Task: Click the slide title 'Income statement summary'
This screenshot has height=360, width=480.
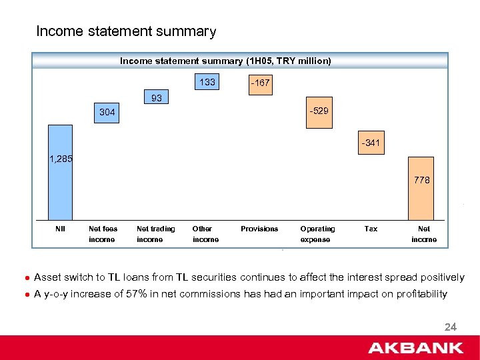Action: pyautogui.click(x=126, y=31)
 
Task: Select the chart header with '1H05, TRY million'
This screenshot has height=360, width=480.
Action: pyautogui.click(x=225, y=61)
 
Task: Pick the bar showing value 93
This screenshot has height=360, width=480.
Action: pyautogui.click(x=157, y=97)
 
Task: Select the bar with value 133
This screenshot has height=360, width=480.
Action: pyautogui.click(x=207, y=83)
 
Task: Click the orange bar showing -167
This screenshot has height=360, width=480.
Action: pyautogui.click(x=259, y=84)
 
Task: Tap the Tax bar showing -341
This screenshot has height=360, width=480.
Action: pyautogui.click(x=372, y=143)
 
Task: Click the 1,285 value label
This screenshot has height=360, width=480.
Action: pyautogui.click(x=61, y=159)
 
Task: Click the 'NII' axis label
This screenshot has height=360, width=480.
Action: pyautogui.click(x=60, y=229)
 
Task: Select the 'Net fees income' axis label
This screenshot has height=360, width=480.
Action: pyautogui.click(x=103, y=234)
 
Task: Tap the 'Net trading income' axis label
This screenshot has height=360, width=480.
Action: pyautogui.click(x=155, y=234)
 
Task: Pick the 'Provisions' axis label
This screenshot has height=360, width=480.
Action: pyautogui.click(x=259, y=229)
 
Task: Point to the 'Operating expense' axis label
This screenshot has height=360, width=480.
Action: pyautogui.click(x=317, y=234)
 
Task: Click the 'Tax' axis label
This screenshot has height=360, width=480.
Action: pyautogui.click(x=371, y=229)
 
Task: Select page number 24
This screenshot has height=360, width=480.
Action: pyautogui.click(x=450, y=327)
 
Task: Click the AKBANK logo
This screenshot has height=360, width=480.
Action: pyautogui.click(x=416, y=347)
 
